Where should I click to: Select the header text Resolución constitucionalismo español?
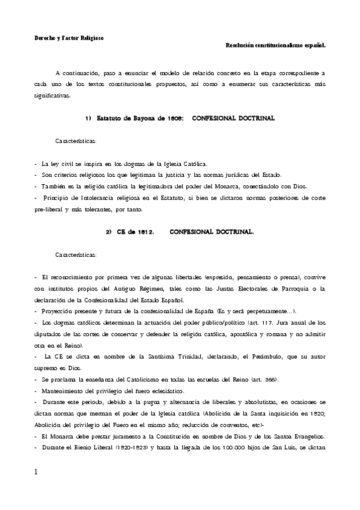[275, 45]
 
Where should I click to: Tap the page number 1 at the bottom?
[36, 473]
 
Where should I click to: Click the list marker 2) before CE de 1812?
[109, 231]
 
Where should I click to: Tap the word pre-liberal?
[50, 209]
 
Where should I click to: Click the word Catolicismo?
[127, 379]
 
